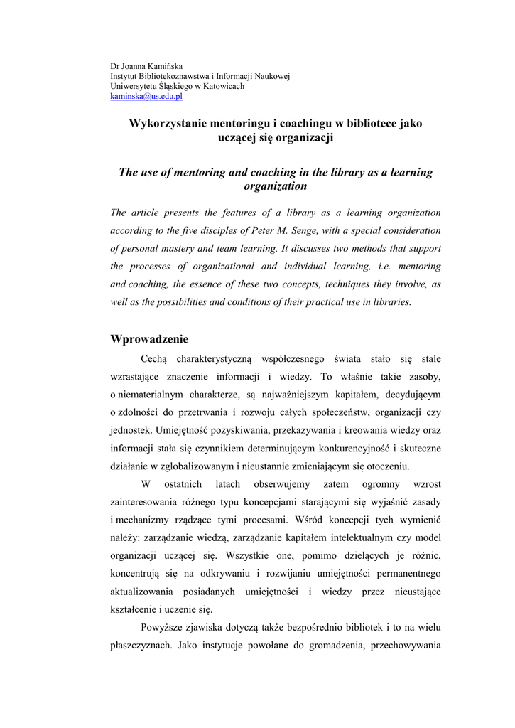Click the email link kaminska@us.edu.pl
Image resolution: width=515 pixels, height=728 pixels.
[x=146, y=97]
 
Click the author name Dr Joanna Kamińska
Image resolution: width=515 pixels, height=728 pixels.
[x=146, y=66]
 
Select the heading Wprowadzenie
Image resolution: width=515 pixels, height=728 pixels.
[x=149, y=339]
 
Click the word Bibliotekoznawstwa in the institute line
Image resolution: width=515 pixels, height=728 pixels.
[x=174, y=76]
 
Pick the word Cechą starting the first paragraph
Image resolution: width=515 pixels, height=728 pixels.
[x=154, y=359]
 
